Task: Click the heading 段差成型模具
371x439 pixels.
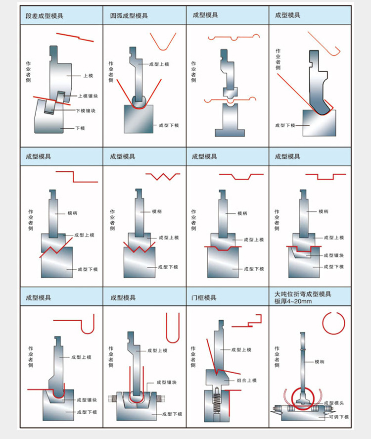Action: (45, 16)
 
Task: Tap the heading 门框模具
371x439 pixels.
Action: (204, 298)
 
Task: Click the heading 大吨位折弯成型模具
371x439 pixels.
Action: (303, 294)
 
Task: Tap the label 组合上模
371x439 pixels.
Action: (246, 380)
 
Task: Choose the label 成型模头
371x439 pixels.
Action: (333, 403)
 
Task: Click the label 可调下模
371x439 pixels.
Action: (339, 417)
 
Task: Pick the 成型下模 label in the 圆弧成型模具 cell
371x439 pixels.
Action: (169, 125)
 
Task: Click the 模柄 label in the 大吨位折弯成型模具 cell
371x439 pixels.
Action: (320, 362)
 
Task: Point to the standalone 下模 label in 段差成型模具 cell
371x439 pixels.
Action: (80, 128)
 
